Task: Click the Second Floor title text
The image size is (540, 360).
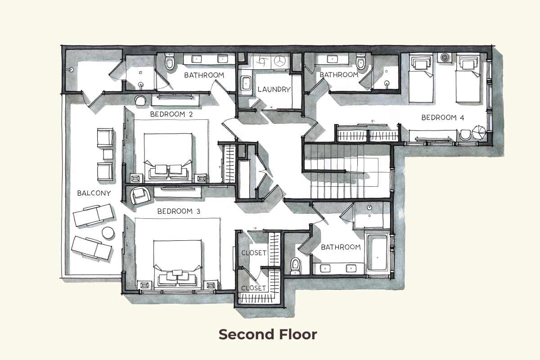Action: click(268, 334)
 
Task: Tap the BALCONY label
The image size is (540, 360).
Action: click(94, 193)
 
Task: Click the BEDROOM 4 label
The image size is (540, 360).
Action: click(442, 118)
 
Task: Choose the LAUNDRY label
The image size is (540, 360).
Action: click(274, 90)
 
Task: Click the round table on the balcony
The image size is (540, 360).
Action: click(108, 233)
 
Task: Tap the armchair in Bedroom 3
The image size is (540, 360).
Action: click(139, 195)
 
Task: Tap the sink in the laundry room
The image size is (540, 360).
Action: click(246, 84)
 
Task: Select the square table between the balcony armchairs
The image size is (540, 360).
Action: click(108, 154)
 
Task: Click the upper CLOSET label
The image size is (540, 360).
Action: click(254, 253)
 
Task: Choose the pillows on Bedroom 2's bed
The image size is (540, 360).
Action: click(168, 170)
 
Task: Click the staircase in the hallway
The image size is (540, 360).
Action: click(342, 171)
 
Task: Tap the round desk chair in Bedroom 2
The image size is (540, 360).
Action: click(141, 99)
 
